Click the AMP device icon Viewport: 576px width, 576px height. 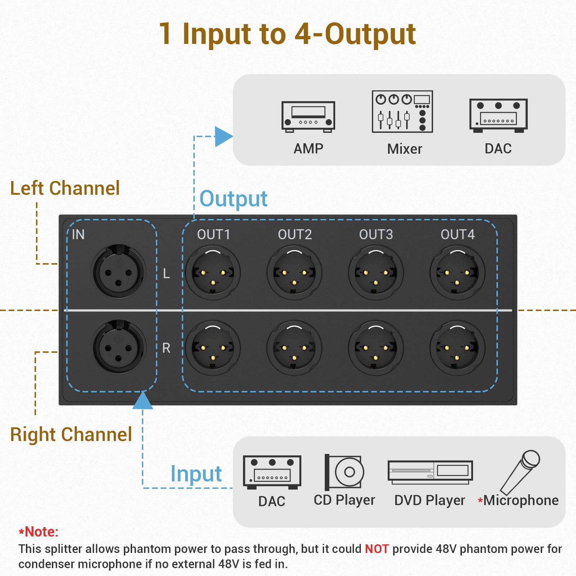coord(308,117)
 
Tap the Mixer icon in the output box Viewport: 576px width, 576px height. coord(402,111)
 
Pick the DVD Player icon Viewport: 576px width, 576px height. coord(430,472)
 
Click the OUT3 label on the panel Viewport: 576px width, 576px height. coord(376,234)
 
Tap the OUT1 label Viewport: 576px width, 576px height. coord(213,234)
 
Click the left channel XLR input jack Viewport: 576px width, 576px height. coord(118,272)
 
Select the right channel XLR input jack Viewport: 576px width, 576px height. coord(118,347)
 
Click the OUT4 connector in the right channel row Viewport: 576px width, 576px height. coord(457,348)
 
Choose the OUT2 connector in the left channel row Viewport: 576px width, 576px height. coord(294,273)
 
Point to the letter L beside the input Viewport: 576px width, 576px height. coord(166,274)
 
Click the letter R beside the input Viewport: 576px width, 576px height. coord(166,348)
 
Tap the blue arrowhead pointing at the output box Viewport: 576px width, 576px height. coord(223,136)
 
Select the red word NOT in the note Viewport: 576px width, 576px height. coord(377,549)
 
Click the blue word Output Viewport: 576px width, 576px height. coord(233,199)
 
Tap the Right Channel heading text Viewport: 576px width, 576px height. coord(71,434)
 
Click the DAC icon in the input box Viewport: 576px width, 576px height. coord(272,472)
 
